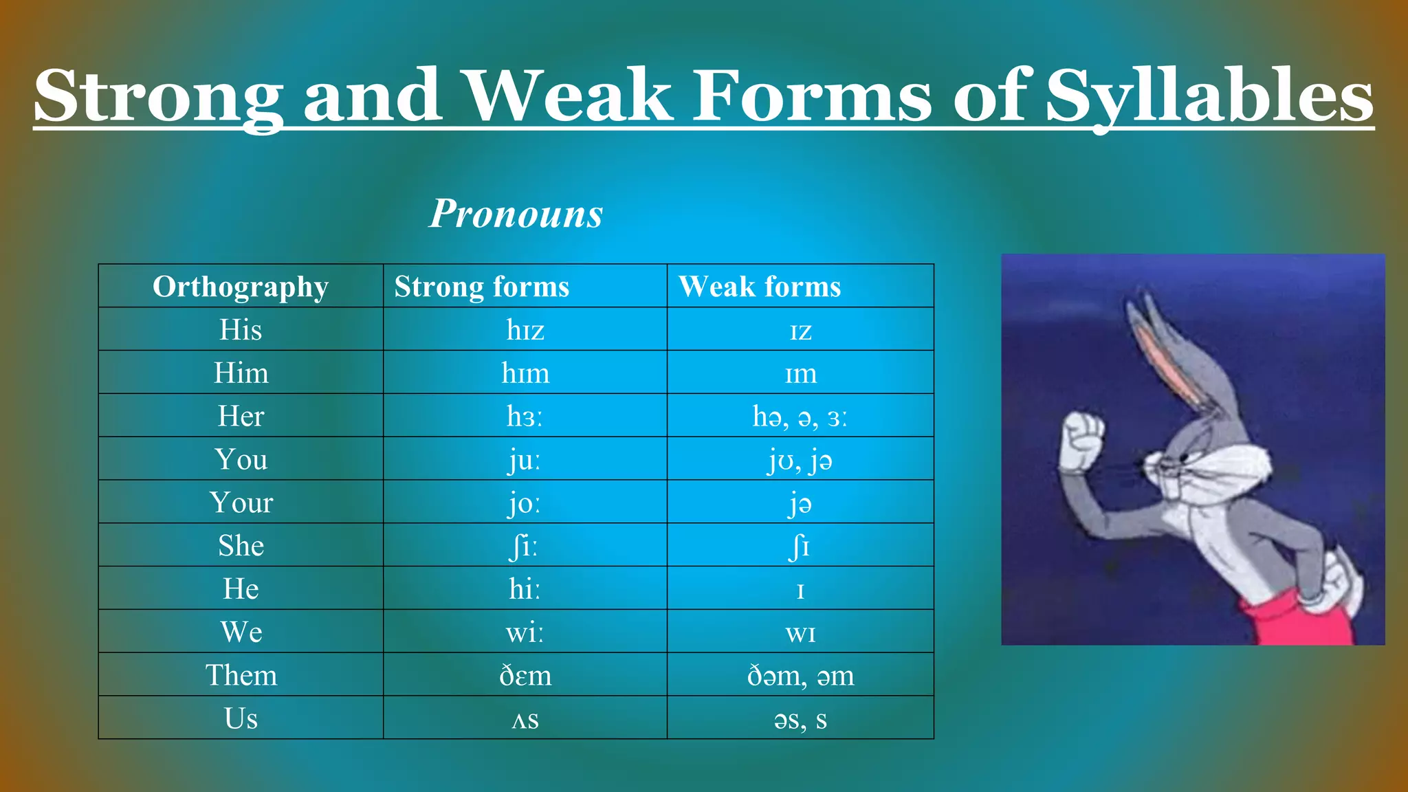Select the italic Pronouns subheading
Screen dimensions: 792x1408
[516, 213]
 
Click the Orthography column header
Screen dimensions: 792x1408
[241, 287]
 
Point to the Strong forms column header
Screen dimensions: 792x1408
[481, 287]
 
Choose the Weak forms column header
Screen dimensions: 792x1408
[759, 287]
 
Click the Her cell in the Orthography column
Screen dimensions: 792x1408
[241, 416]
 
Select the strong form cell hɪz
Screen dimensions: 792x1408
[525, 330]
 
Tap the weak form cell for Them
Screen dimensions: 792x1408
[800, 675]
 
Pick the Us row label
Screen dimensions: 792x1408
[241, 718]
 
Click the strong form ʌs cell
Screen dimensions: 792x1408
[525, 719]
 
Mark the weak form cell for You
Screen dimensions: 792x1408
[800, 459]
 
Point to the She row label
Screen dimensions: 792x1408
[241, 546]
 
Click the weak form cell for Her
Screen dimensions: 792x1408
[800, 417]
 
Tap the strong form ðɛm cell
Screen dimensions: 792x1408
[525, 675]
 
